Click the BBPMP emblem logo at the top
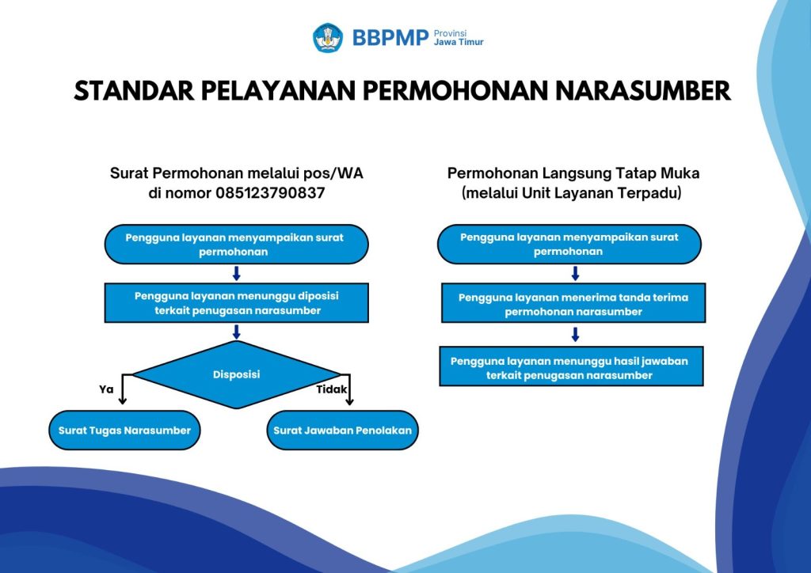coord(327,38)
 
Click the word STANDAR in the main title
coord(133,91)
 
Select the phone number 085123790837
coord(270,193)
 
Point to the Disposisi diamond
coord(236,374)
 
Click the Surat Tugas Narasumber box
coord(124,431)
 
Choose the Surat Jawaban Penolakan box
coord(342,431)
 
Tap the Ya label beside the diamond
coord(106,389)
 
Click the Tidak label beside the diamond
coord(332,389)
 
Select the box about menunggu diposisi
coord(236,303)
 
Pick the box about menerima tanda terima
coord(573,303)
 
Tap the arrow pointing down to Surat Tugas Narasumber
coord(123,389)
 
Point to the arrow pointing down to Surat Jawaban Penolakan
coord(349,389)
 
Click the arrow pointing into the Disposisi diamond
coord(236,332)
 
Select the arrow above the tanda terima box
coord(575,273)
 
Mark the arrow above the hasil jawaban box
coord(575,335)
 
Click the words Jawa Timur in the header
coord(459,43)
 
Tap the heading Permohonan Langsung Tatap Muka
coord(573,173)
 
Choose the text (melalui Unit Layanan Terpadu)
coord(572,193)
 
